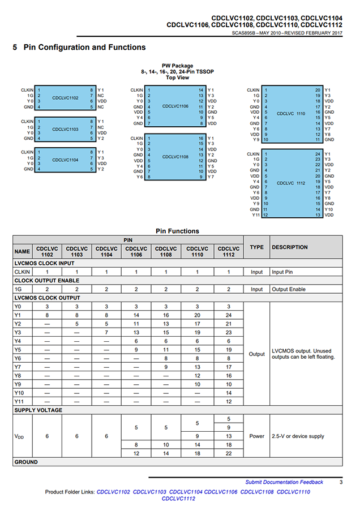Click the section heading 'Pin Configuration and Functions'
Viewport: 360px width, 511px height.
coord(84,48)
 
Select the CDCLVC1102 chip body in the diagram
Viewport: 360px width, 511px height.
coord(65,98)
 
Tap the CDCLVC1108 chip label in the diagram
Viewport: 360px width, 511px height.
coord(175,157)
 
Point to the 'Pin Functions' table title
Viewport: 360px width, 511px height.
coord(177,231)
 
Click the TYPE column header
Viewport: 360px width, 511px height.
coord(256,247)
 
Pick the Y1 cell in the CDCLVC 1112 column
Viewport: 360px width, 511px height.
coord(229,315)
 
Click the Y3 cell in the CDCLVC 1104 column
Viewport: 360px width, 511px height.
coord(106,332)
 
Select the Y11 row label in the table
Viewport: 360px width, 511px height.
coord(20,401)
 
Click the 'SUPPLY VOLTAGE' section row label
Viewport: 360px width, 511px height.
coord(38,410)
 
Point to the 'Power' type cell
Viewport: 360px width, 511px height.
coord(256,436)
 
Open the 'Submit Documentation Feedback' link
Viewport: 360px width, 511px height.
coord(284,482)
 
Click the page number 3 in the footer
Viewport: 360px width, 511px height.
coord(341,482)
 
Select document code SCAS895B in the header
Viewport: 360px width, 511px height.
coord(243,33)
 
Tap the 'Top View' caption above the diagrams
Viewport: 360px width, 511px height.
coord(177,78)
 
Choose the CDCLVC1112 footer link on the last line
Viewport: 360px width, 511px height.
coord(178,499)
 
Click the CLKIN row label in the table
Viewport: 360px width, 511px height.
coord(22,272)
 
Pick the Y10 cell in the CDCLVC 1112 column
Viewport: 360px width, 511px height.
coord(229,393)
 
